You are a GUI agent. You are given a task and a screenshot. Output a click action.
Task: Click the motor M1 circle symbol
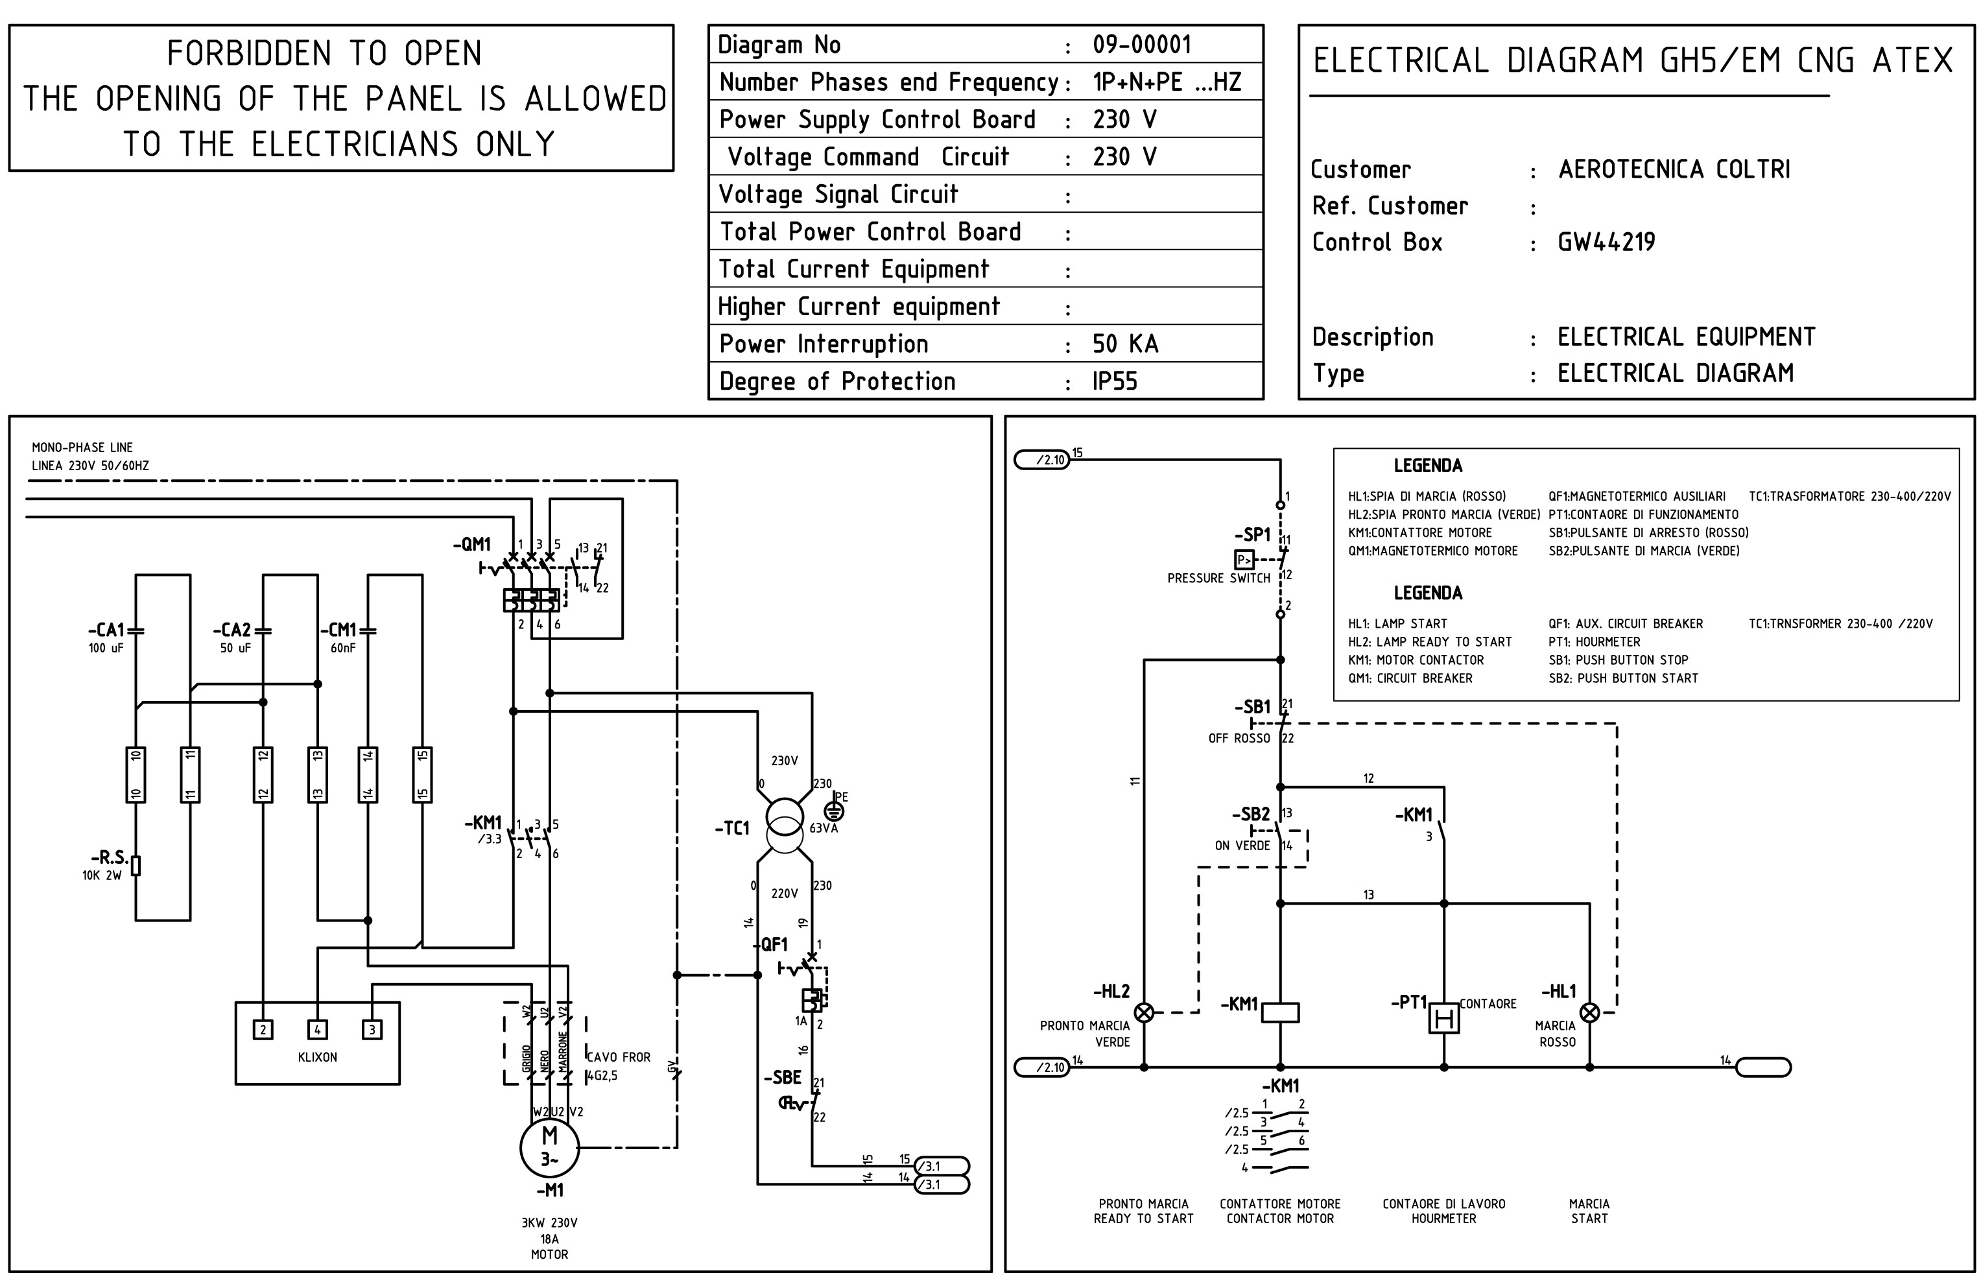[x=549, y=1148]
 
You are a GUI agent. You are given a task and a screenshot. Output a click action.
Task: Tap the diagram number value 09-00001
[x=1141, y=45]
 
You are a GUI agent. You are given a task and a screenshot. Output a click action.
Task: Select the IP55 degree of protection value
[x=1115, y=381]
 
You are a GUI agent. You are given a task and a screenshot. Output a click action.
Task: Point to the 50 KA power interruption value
[x=1124, y=344]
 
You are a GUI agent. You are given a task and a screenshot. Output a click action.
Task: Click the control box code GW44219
[x=1606, y=242]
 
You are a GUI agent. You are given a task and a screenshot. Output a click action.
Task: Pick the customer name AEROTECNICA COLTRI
[x=1673, y=169]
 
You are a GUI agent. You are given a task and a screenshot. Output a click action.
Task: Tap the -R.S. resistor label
[x=110, y=857]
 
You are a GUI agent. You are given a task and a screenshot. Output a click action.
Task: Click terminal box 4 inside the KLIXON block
[x=317, y=1030]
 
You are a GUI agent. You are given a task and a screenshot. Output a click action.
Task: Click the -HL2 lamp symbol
[x=1145, y=1012]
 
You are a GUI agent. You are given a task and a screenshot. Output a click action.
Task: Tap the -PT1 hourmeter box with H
[x=1444, y=1017]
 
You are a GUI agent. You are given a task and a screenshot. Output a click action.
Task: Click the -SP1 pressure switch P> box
[x=1244, y=560]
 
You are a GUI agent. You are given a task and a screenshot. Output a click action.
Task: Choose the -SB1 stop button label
[x=1253, y=708]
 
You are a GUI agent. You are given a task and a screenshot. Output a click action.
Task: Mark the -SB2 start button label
[x=1251, y=814]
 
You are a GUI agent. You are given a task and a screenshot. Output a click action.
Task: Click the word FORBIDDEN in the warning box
[x=249, y=54]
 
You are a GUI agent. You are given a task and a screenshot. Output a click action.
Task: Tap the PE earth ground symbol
[x=833, y=810]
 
